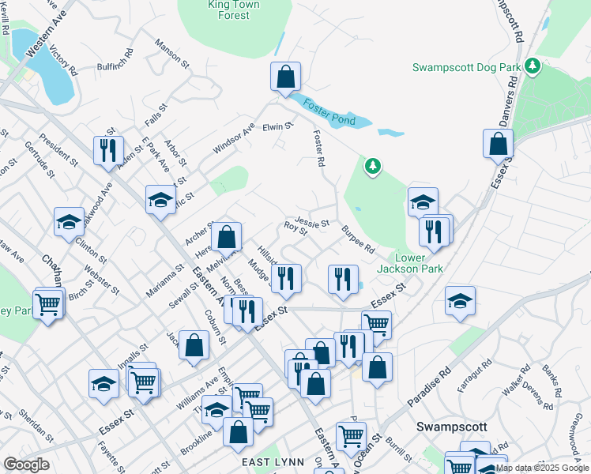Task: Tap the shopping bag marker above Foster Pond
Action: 286,77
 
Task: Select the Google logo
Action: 27,464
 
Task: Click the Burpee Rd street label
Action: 358,239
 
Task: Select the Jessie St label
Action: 311,223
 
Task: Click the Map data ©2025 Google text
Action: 543,468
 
